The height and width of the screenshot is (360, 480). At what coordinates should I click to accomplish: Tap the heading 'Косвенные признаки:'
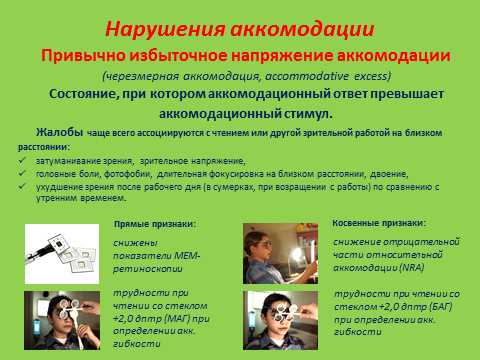377,222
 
